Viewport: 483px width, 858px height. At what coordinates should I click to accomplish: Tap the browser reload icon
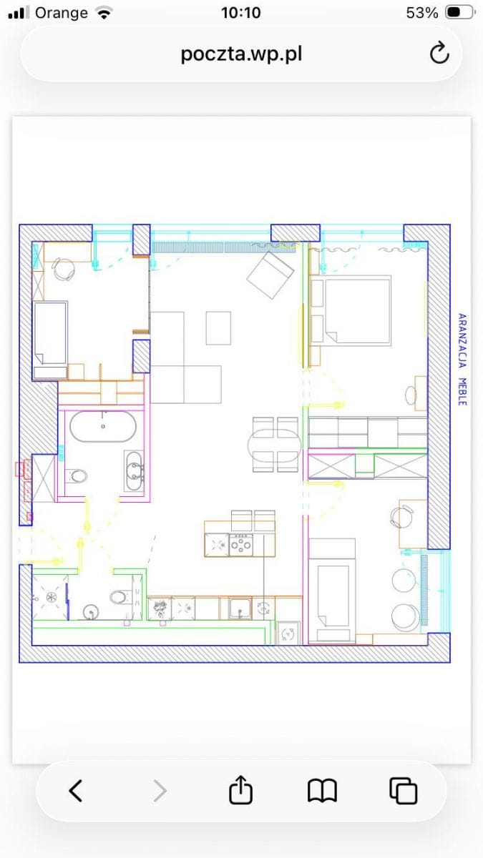click(439, 53)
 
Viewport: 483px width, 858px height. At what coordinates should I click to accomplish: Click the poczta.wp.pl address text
click(242, 54)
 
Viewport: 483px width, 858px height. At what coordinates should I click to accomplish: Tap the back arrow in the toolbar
click(76, 791)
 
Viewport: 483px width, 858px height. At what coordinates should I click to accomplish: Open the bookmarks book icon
click(323, 791)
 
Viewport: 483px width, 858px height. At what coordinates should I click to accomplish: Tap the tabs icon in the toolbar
click(404, 791)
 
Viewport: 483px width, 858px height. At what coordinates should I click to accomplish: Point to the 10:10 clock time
click(241, 13)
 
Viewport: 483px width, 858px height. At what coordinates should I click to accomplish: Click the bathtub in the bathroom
click(103, 426)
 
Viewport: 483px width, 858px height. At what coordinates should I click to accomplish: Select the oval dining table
click(275, 444)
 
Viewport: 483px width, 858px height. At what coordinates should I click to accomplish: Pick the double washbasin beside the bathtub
click(134, 470)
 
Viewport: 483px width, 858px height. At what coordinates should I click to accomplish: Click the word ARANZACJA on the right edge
click(463, 341)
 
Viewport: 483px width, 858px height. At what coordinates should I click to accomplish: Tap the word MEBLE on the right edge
click(463, 392)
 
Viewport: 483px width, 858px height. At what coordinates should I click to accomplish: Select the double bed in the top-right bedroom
click(351, 310)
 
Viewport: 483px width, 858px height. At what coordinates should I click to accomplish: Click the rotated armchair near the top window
click(270, 275)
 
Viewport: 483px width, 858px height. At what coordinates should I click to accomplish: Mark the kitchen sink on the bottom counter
click(240, 608)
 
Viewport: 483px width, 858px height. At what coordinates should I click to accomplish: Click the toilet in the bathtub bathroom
click(76, 476)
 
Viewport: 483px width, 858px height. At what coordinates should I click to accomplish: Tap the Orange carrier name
click(62, 13)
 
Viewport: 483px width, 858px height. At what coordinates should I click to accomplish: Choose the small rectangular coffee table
click(218, 328)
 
